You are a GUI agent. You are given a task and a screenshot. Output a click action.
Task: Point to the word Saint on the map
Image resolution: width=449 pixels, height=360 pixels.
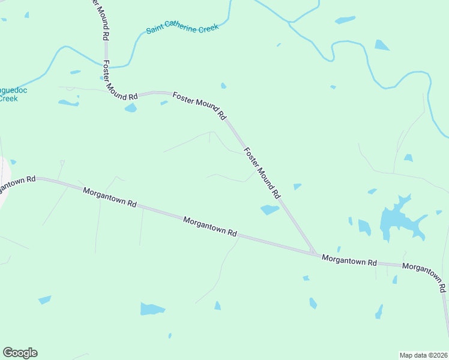pos(156,30)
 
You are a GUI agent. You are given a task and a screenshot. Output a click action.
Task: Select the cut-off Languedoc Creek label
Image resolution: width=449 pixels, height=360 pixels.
pos(9,94)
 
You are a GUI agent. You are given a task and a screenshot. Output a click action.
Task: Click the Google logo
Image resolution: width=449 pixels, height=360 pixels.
pos(20,353)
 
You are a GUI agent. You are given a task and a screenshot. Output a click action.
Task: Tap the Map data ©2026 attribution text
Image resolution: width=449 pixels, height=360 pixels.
pos(423,355)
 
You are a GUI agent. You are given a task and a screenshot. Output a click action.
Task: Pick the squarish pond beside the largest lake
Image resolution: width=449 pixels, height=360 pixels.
pos(364,226)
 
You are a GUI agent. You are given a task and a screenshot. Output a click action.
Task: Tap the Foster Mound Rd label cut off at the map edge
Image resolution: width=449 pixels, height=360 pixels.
pos(99,18)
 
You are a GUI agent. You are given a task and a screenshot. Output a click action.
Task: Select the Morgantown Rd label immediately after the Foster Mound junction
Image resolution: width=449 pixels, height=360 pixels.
pos(349,261)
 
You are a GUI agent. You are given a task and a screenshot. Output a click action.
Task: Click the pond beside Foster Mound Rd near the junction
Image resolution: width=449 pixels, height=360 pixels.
pos(270,209)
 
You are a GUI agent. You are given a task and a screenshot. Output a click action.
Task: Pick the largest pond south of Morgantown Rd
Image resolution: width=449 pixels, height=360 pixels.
pos(152,309)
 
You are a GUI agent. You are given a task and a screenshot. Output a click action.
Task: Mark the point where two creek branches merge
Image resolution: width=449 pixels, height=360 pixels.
pos(291,23)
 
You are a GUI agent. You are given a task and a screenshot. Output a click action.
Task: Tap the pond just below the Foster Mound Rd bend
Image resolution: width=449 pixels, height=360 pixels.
pos(130,108)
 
